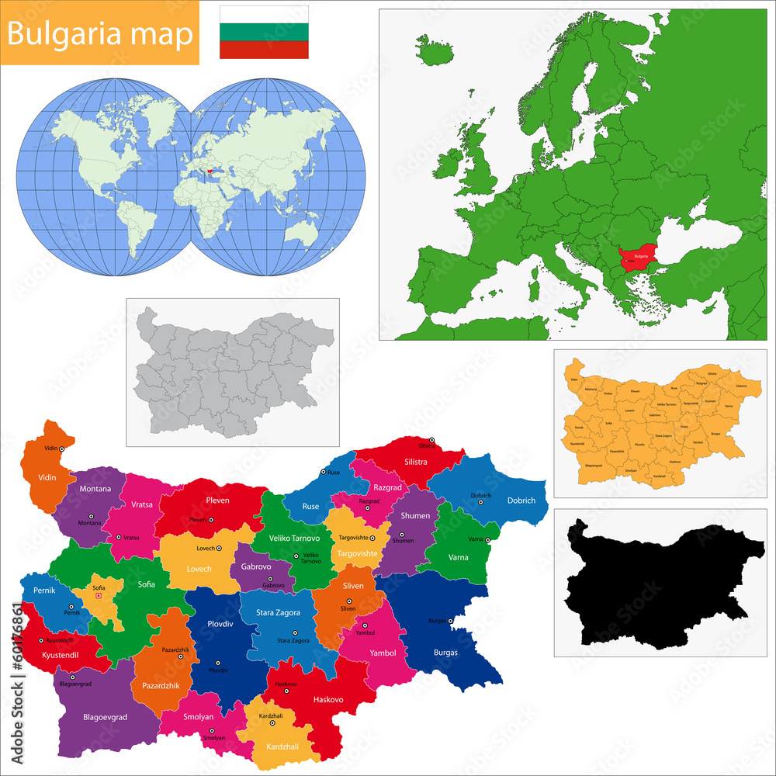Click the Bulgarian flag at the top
click(x=264, y=32)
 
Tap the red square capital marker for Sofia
click(x=99, y=596)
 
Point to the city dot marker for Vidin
click(x=61, y=449)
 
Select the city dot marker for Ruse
click(x=324, y=472)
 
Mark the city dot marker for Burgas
click(x=450, y=621)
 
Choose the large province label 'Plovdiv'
click(x=220, y=623)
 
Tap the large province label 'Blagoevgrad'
click(x=105, y=717)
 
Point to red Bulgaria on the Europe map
click(x=640, y=256)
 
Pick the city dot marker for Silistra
click(x=432, y=441)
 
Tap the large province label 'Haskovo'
click(x=328, y=699)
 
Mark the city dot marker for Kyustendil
click(x=41, y=641)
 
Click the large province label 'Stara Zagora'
click(x=279, y=613)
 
